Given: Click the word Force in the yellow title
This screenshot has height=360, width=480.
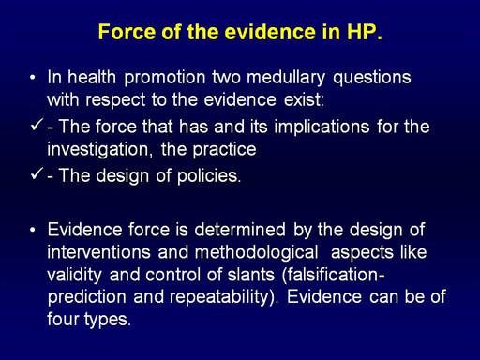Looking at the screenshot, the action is click(x=127, y=32).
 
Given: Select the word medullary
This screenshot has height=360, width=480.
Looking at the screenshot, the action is click(x=286, y=78).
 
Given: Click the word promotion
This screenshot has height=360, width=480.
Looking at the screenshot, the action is click(x=165, y=78).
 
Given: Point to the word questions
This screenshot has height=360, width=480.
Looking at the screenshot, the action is click(x=372, y=78).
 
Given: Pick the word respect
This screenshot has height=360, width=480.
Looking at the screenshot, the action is click(x=115, y=100).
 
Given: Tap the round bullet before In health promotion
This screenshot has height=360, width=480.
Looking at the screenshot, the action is click(x=33, y=78).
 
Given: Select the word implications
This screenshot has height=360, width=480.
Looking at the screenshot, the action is click(x=322, y=127).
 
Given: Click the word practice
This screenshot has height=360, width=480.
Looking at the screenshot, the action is click(x=224, y=150).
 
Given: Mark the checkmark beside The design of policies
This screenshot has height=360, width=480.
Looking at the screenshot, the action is click(x=37, y=173).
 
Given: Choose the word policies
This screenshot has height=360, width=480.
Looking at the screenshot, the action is click(x=209, y=176).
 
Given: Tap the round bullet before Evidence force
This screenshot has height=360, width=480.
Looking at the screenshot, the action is click(x=33, y=230).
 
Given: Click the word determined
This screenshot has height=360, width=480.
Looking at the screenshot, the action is click(x=240, y=230).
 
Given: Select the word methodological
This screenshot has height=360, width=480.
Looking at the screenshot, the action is click(x=256, y=253).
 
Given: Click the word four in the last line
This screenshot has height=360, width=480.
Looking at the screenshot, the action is click(x=62, y=320).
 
